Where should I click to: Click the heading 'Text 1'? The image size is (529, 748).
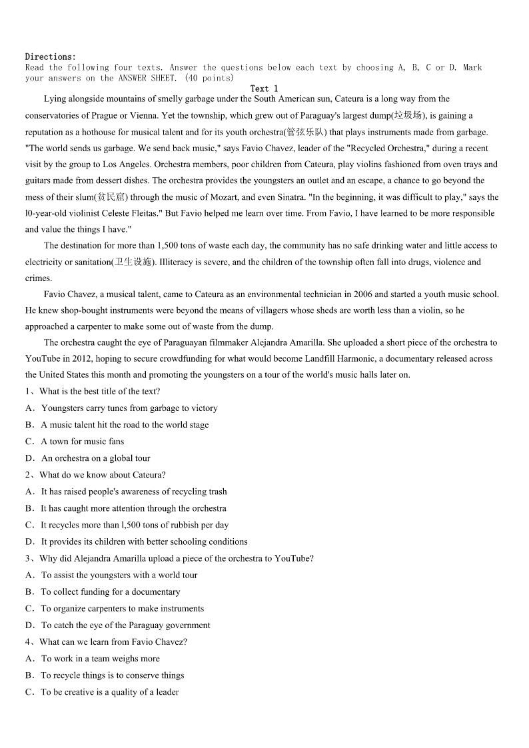click(264, 89)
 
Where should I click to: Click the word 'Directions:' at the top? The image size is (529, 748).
click(51, 57)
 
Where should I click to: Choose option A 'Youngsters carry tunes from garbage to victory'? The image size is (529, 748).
click(129, 408)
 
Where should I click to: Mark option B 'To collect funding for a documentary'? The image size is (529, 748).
click(111, 591)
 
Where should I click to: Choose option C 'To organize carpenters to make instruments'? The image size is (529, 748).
click(123, 608)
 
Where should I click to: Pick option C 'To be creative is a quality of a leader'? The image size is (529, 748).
click(110, 692)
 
